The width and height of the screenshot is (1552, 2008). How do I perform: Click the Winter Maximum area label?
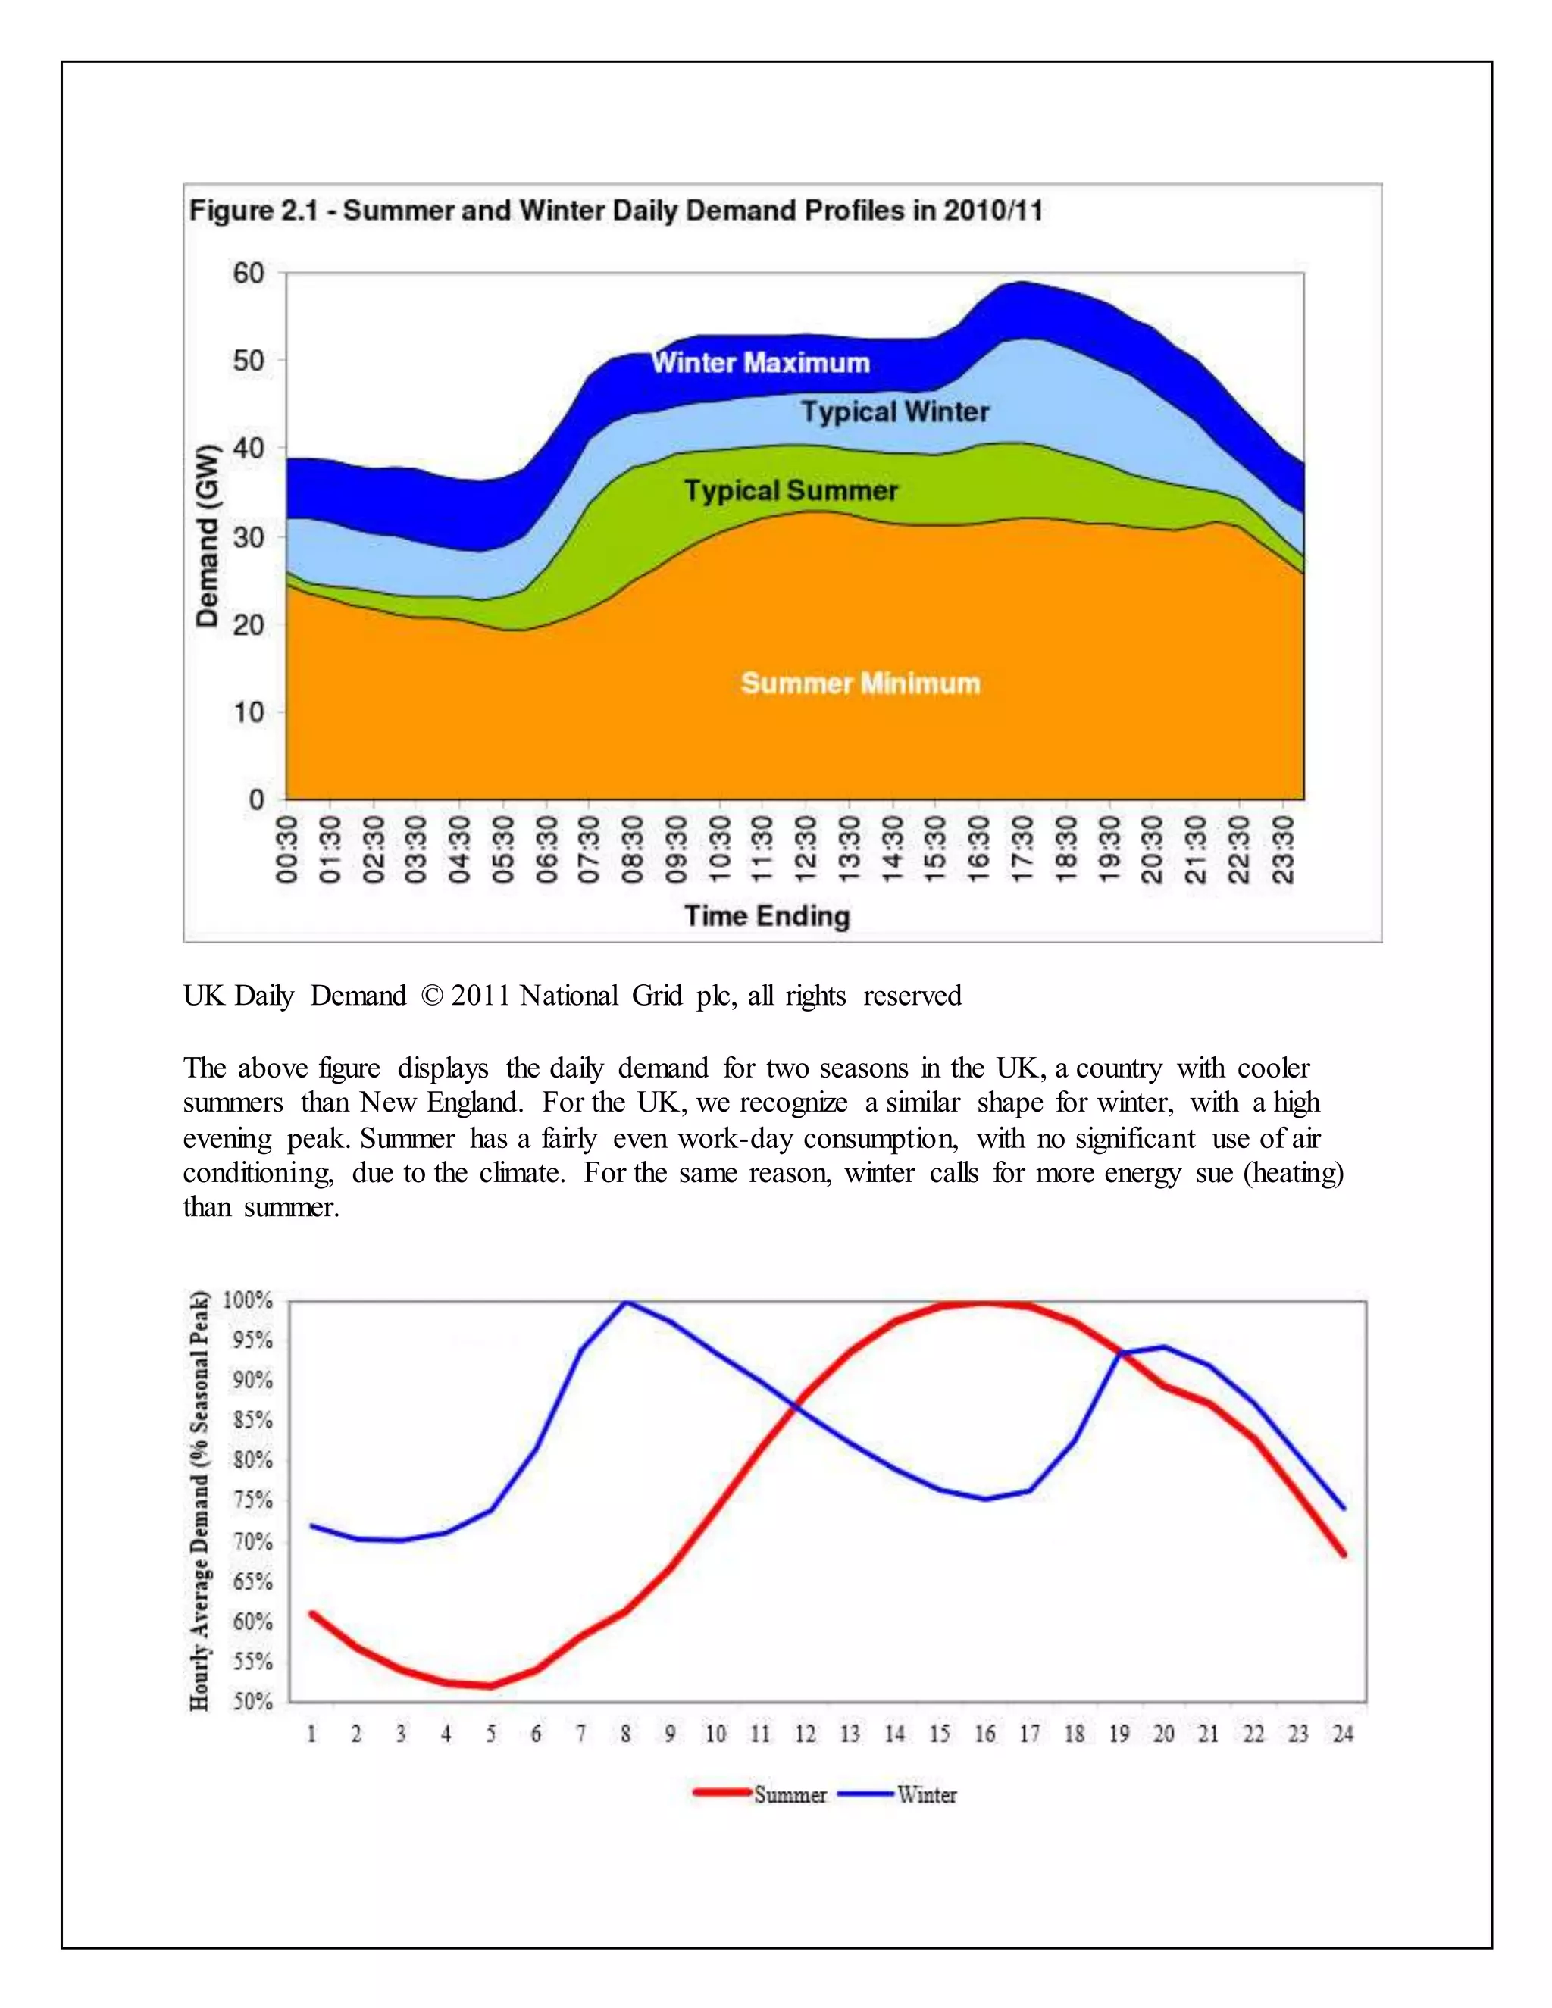760,362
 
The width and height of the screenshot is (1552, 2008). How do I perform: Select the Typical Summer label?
790,490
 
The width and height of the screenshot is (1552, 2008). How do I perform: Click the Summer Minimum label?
861,683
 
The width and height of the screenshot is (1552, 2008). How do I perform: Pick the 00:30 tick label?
288,849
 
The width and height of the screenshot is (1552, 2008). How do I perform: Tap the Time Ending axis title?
767,916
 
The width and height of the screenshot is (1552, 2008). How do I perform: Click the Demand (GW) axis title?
208,536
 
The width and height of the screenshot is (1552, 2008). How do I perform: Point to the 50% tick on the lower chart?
252,1702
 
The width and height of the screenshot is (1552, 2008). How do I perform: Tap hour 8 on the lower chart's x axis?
625,1734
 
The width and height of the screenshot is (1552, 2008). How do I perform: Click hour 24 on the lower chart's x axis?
1344,1734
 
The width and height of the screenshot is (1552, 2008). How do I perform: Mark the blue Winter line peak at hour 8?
625,1302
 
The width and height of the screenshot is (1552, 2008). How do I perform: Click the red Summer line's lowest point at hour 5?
490,1685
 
